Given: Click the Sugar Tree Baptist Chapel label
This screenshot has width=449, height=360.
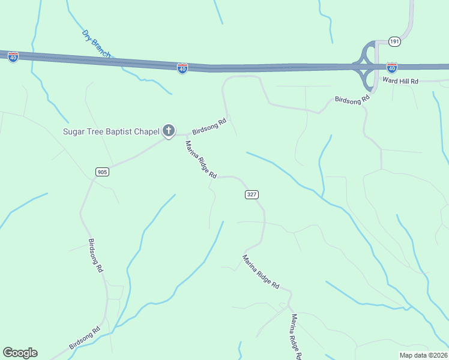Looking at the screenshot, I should [x=112, y=131].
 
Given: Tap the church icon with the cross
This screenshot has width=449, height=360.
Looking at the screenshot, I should [x=169, y=131].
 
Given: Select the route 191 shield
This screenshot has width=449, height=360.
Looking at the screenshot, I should [x=394, y=41].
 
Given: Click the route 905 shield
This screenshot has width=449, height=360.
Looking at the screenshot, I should [x=102, y=172].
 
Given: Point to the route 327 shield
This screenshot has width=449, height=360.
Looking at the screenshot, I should [x=252, y=194].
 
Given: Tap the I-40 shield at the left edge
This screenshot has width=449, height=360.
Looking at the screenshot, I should [x=13, y=57].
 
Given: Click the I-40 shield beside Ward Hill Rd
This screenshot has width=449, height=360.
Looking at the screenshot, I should [x=391, y=67].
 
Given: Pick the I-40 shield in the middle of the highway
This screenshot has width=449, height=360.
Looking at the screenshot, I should [x=182, y=68].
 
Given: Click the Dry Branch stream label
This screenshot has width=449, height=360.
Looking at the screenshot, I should [x=96, y=43].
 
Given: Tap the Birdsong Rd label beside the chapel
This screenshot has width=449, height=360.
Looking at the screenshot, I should [x=209, y=127].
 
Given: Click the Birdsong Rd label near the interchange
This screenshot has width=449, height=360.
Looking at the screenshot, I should [x=352, y=100].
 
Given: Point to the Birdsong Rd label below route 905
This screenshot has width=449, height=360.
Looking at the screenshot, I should [x=95, y=256].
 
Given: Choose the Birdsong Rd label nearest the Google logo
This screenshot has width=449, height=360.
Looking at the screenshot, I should [x=84, y=338].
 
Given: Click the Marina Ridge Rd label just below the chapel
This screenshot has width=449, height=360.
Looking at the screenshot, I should [x=200, y=160].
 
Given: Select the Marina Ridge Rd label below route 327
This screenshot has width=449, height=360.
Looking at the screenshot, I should [x=261, y=272].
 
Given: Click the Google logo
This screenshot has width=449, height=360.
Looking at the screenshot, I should [x=20, y=353].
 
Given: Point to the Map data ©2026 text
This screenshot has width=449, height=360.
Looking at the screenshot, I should [x=423, y=355].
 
